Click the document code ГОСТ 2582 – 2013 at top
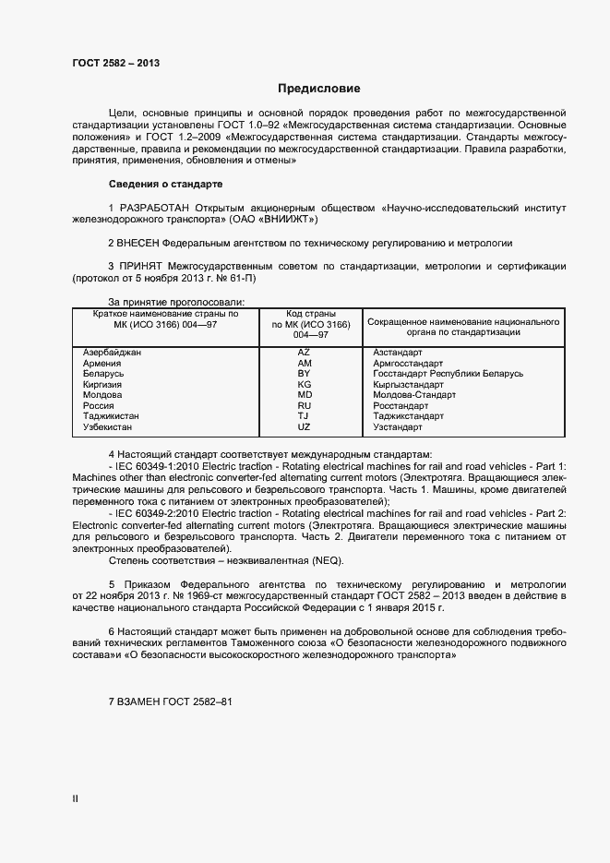116,63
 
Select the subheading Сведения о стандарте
165,183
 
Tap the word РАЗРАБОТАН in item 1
147,208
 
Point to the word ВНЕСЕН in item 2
138,243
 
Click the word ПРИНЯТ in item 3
141,266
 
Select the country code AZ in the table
305,353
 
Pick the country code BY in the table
305,374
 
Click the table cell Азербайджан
113,353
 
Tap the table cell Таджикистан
112,416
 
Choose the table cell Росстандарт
401,405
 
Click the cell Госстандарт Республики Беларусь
448,374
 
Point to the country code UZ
305,427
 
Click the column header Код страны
311,314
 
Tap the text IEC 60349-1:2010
157,466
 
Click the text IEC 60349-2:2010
157,512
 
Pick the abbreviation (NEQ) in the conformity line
305,559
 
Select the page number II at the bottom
76,800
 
